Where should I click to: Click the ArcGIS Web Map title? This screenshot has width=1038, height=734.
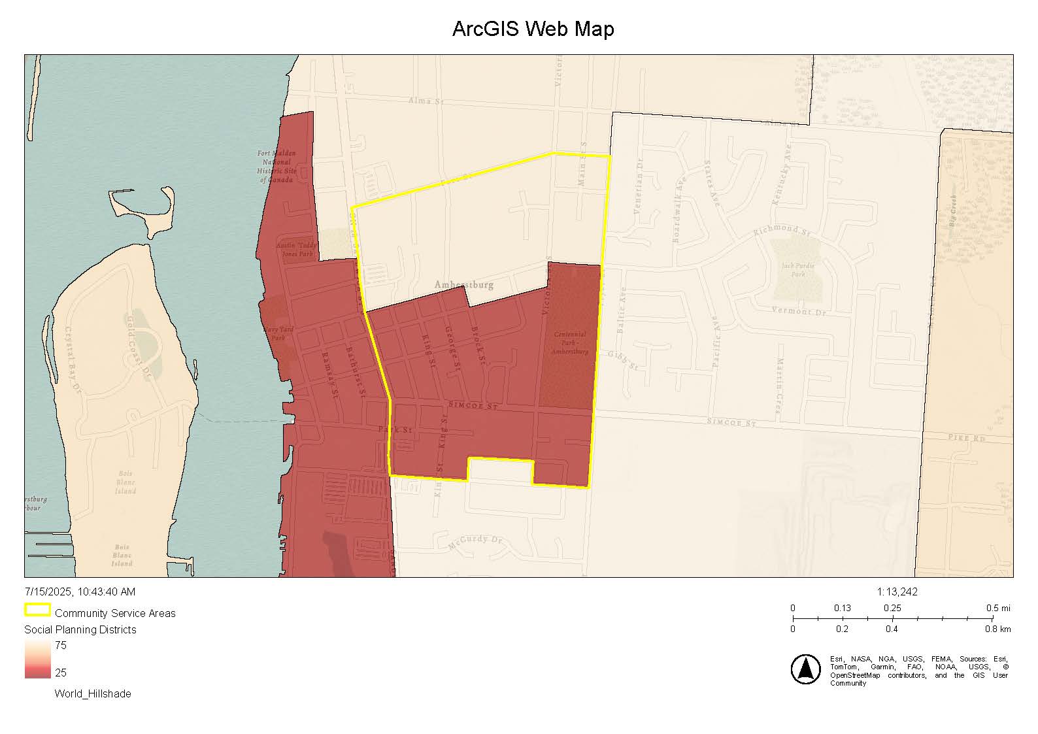click(x=533, y=29)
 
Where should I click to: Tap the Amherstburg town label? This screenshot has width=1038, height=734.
click(x=464, y=285)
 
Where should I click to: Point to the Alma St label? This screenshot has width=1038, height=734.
click(x=426, y=101)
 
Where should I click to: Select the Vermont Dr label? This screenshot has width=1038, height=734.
click(x=799, y=311)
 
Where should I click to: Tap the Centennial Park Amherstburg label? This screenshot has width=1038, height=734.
click(x=570, y=343)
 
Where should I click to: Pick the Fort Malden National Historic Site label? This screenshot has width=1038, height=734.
click(x=276, y=167)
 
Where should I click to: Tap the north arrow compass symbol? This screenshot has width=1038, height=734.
click(x=805, y=669)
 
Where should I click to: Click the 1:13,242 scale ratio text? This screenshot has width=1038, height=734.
click(x=897, y=592)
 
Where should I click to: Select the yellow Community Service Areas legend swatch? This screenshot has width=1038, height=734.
click(x=37, y=610)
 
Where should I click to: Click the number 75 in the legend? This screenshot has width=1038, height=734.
click(x=61, y=646)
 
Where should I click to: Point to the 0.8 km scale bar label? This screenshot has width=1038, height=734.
click(x=998, y=629)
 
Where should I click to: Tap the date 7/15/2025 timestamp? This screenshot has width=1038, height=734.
click(x=80, y=592)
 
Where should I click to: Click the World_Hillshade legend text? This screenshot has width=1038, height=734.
click(x=93, y=694)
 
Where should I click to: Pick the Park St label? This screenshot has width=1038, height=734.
click(x=395, y=430)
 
